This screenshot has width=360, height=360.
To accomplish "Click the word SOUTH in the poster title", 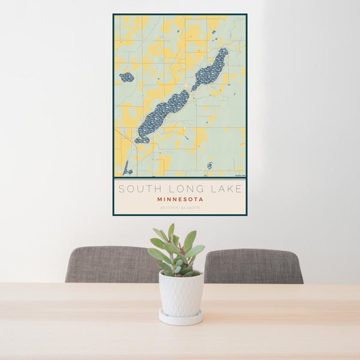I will (x=136, y=189).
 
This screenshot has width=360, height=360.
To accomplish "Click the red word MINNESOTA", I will (x=180, y=199).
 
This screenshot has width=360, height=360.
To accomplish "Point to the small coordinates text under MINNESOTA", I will (x=180, y=208).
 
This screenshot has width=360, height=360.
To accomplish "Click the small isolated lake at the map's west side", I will (x=127, y=77).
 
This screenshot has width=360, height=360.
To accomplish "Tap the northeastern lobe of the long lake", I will (x=211, y=70).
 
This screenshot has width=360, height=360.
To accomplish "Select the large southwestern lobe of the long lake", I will (x=161, y=113).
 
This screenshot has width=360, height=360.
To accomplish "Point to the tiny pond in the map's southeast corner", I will (x=209, y=165).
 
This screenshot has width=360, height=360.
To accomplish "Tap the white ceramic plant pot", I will (x=181, y=293).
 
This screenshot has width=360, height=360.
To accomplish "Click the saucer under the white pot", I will (x=181, y=317).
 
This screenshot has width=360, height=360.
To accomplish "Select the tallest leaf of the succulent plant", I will (x=171, y=232).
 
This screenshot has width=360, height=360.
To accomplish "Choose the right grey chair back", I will (x=254, y=266).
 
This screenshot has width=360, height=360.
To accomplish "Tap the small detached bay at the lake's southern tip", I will (x=142, y=140).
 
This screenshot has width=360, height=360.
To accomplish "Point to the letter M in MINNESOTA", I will (x=160, y=199).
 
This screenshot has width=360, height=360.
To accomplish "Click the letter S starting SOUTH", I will (x=122, y=189).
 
